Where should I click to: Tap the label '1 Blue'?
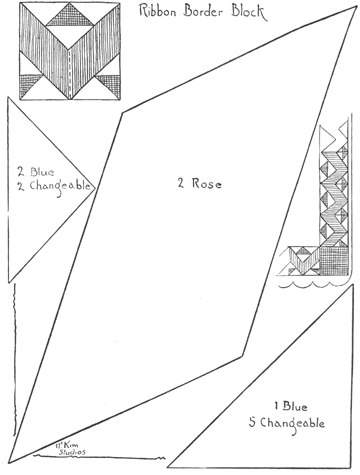(290, 406)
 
